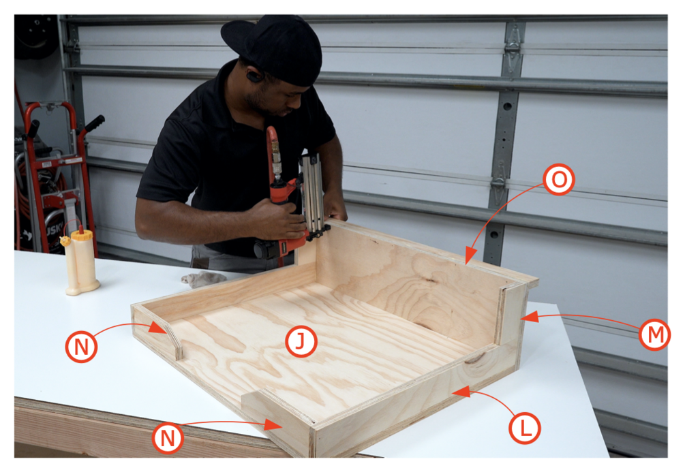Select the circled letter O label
[559, 179]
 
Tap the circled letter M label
[654, 334]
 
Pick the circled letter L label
[524, 428]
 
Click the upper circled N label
[82, 347]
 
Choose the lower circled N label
[168, 438]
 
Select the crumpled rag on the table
[204, 279]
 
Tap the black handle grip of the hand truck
[94, 123]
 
